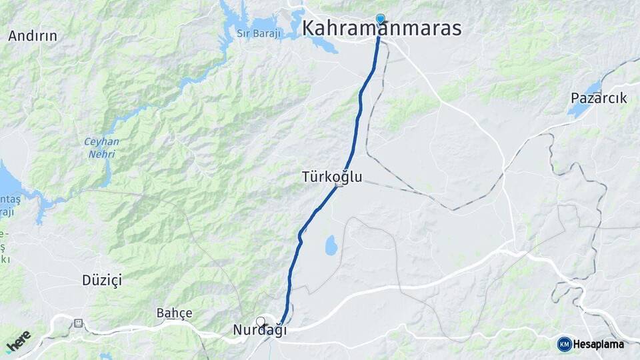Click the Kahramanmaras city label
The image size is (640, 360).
(x=382, y=28)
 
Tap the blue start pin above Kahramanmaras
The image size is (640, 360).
(x=380, y=19)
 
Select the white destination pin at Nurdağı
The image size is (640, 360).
(x=261, y=321)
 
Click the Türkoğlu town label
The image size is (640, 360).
(x=331, y=177)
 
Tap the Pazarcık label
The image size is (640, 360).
(x=599, y=98)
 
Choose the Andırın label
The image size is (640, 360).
(x=33, y=36)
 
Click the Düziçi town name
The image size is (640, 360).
(x=101, y=279)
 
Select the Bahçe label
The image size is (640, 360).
(x=174, y=313)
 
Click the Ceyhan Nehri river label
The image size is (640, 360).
(x=101, y=147)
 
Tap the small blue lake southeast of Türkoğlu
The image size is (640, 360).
(x=331, y=245)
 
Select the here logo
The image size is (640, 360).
(x=19, y=341)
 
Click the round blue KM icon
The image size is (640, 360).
(x=564, y=344)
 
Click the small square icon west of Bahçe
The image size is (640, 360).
(x=79, y=323)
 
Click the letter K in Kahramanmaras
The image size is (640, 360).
(x=311, y=28)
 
